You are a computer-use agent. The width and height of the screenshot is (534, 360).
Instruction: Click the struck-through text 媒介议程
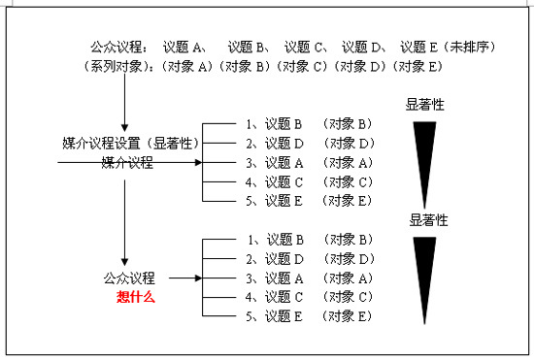tap(127, 163)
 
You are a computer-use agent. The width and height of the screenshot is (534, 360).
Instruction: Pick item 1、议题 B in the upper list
tap(274, 124)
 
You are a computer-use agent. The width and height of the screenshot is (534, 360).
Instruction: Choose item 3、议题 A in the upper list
tap(274, 163)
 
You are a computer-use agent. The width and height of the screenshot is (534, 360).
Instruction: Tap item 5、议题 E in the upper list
tap(274, 201)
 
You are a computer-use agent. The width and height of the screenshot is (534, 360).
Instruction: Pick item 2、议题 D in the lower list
tap(275, 259)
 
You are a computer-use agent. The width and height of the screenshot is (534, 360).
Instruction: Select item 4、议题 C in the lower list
tap(275, 297)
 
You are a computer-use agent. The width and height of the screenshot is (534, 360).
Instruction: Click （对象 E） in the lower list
tap(348, 316)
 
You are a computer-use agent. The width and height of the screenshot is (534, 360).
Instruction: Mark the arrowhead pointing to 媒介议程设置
tap(125, 127)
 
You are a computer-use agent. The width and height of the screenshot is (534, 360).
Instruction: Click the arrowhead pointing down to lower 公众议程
tap(125, 262)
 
